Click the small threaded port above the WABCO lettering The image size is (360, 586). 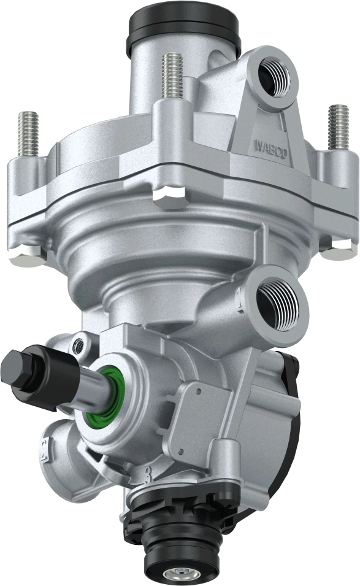click(276, 75)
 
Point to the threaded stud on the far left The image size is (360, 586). click(28, 133)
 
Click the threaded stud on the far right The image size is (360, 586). click(339, 126)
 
